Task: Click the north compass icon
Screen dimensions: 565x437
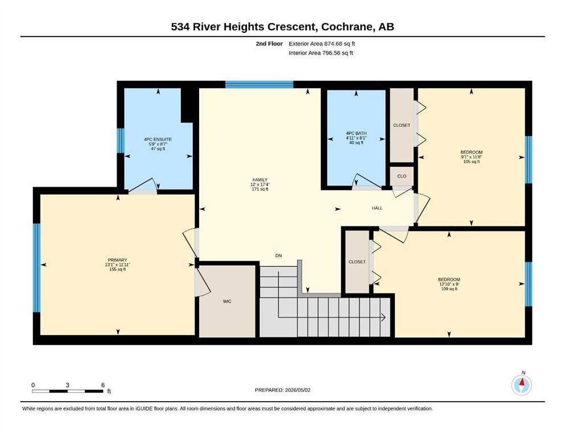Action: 521,385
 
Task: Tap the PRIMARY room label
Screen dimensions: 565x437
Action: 117,260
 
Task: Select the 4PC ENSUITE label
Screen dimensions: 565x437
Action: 158,139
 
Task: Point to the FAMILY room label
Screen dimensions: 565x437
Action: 260,180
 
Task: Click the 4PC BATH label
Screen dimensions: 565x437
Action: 356,133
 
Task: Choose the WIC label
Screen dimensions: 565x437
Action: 227,302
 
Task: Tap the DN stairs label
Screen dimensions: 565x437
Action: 279,256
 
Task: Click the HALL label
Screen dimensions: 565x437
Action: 377,208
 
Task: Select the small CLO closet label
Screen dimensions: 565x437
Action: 402,176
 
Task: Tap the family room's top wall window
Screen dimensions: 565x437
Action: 259,85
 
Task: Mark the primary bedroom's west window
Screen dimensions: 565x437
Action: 36,267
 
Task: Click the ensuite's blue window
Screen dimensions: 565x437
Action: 121,140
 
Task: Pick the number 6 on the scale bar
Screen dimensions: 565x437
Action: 103,385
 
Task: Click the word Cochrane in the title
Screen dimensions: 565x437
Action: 347,27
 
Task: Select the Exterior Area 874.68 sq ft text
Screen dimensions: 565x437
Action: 322,44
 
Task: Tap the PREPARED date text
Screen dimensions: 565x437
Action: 282,390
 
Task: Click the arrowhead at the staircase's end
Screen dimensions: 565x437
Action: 383,318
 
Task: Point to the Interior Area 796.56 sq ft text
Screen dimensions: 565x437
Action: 321,53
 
